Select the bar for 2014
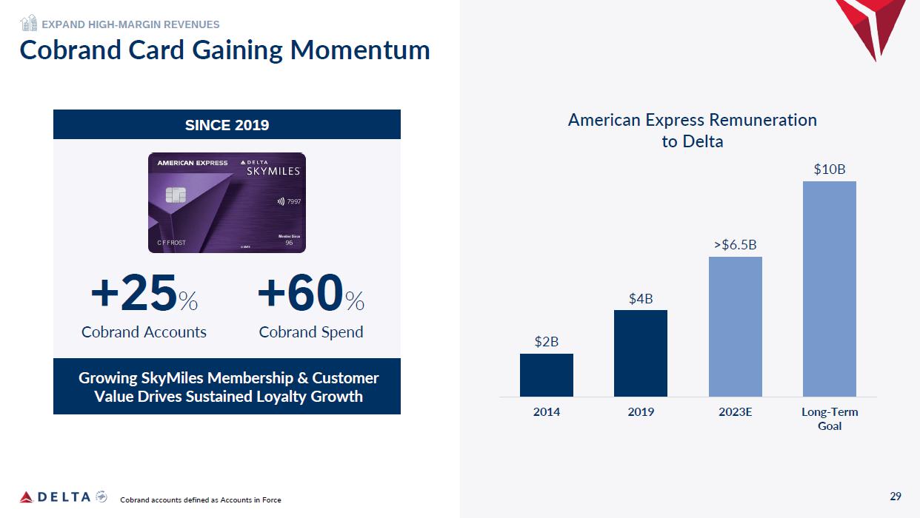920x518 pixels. (x=546, y=375)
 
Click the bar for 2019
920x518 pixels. (x=640, y=354)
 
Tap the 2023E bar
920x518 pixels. (x=735, y=327)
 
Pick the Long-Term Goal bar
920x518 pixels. (x=829, y=289)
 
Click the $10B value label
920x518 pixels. (x=830, y=169)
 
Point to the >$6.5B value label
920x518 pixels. (x=735, y=245)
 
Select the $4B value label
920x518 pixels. (x=641, y=298)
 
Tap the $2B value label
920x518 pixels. (x=546, y=341)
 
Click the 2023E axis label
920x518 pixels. (x=735, y=411)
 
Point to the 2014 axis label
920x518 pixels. (x=546, y=411)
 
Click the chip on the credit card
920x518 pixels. (x=176, y=195)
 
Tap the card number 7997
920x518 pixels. (x=293, y=201)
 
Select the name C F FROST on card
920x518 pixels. (x=171, y=243)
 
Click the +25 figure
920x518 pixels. (x=134, y=292)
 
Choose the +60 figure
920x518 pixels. (x=300, y=292)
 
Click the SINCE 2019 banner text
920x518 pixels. (x=227, y=125)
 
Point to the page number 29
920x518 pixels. (x=896, y=497)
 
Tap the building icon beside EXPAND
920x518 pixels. (x=29, y=23)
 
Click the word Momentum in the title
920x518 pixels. (x=360, y=50)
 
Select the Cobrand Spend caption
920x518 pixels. (x=311, y=332)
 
